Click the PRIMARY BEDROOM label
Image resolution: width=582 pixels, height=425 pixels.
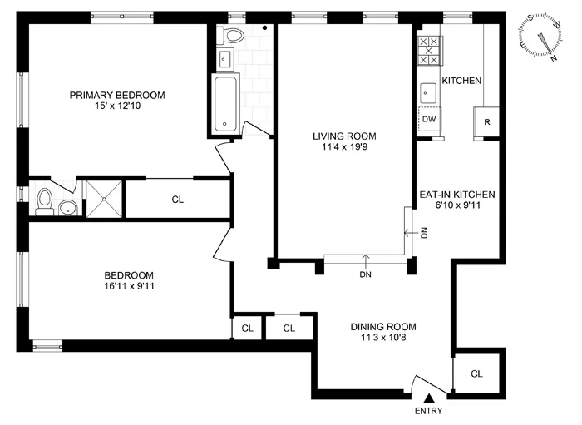[117, 95]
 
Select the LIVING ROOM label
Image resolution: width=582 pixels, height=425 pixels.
[344, 136]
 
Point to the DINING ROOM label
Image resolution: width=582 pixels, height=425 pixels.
[383, 327]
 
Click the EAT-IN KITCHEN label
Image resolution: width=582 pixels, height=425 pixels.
[457, 193]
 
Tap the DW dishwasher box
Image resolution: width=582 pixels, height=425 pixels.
[428, 119]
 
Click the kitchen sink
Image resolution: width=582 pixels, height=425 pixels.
[429, 91]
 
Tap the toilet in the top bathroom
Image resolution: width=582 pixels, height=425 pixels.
[232, 36]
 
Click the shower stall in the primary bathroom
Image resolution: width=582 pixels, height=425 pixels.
[106, 198]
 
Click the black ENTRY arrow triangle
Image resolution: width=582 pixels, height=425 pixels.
[427, 400]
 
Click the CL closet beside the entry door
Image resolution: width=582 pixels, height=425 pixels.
[477, 372]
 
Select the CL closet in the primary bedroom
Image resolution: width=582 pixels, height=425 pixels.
[177, 199]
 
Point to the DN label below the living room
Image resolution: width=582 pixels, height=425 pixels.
[365, 274]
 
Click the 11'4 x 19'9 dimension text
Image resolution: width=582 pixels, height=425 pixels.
[344, 148]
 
